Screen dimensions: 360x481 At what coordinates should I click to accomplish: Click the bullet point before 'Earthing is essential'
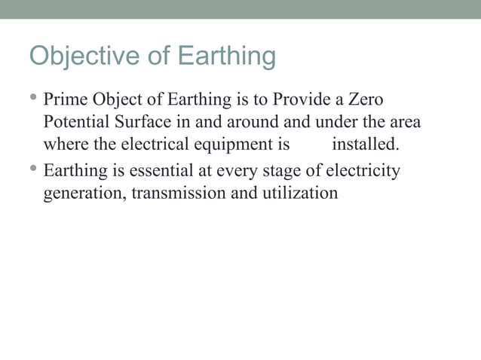click(34, 169)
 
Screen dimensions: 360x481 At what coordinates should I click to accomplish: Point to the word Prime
click(65, 99)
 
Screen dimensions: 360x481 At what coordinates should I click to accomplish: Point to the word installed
click(365, 145)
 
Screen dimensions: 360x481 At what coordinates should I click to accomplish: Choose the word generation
click(84, 194)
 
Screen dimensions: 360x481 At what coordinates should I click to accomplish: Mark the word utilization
click(299, 193)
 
